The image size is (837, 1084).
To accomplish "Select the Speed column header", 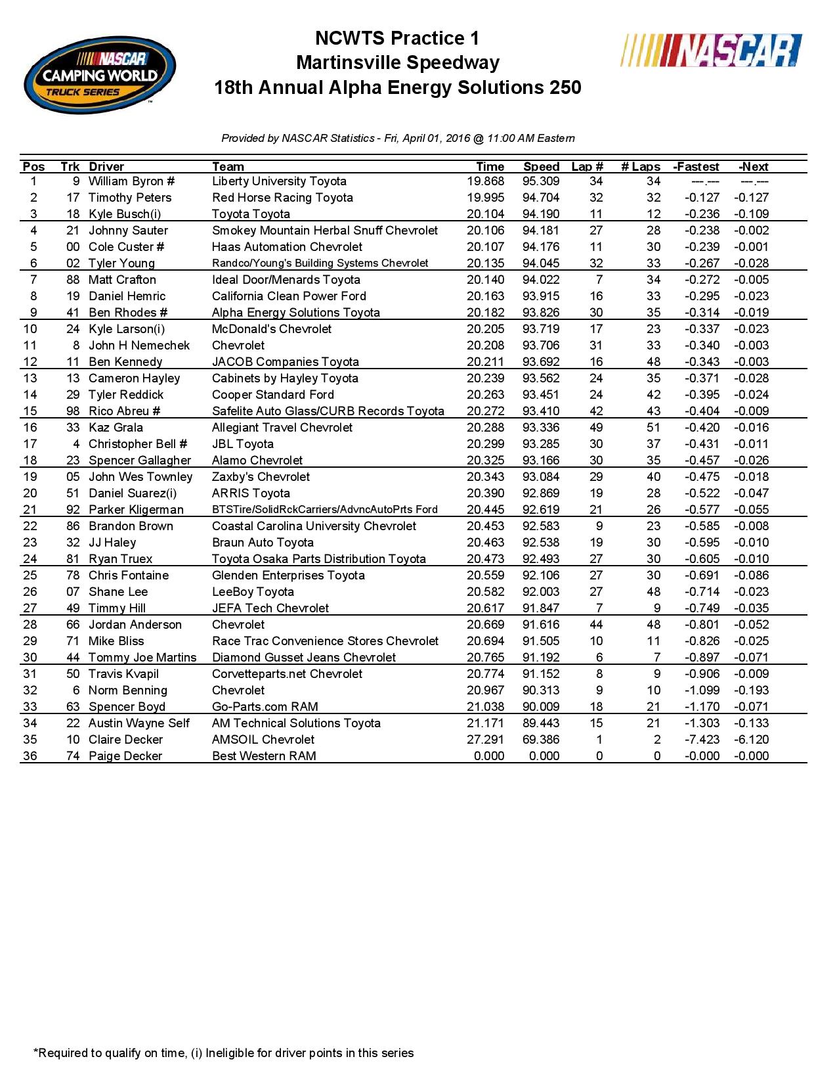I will [541, 167].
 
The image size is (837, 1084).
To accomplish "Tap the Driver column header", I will [106, 167].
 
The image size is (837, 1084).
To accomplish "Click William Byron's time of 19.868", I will [485, 181].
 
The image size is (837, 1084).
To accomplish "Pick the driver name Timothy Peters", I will [130, 198].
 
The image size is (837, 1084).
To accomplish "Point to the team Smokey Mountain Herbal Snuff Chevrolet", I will [325, 231].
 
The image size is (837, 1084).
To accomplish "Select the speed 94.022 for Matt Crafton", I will [541, 280].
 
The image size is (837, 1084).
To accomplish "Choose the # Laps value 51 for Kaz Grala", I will [653, 428].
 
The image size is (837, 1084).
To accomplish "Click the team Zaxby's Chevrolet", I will [261, 477].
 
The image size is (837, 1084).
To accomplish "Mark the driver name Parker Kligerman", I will [136, 510].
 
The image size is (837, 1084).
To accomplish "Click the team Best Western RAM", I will [264, 756].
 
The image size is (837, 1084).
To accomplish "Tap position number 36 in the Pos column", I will [30, 756].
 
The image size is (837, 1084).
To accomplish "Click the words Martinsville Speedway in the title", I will [398, 63].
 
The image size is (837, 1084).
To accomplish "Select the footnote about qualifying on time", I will [223, 1053].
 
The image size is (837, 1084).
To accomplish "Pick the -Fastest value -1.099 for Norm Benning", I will [702, 690].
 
